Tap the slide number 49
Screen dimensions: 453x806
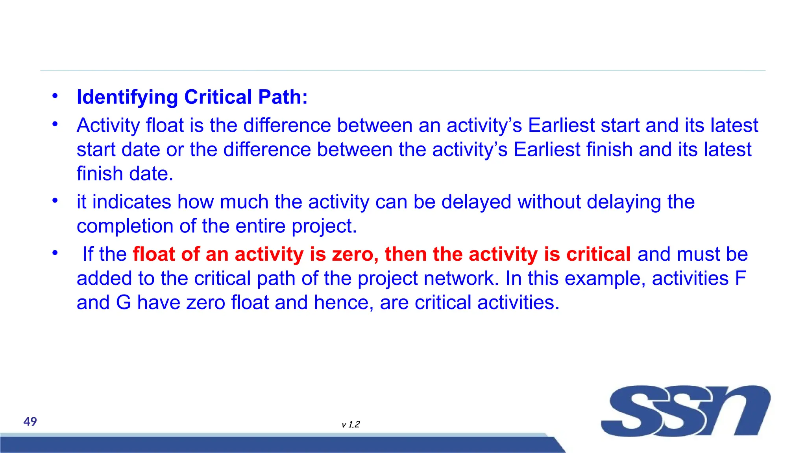tap(30, 422)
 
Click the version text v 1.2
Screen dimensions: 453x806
tap(351, 424)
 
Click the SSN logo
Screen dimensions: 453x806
tap(685, 411)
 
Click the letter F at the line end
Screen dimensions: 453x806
tap(740, 278)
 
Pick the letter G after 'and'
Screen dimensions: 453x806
tap(124, 303)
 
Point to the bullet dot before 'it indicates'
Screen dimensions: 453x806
tap(55, 201)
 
